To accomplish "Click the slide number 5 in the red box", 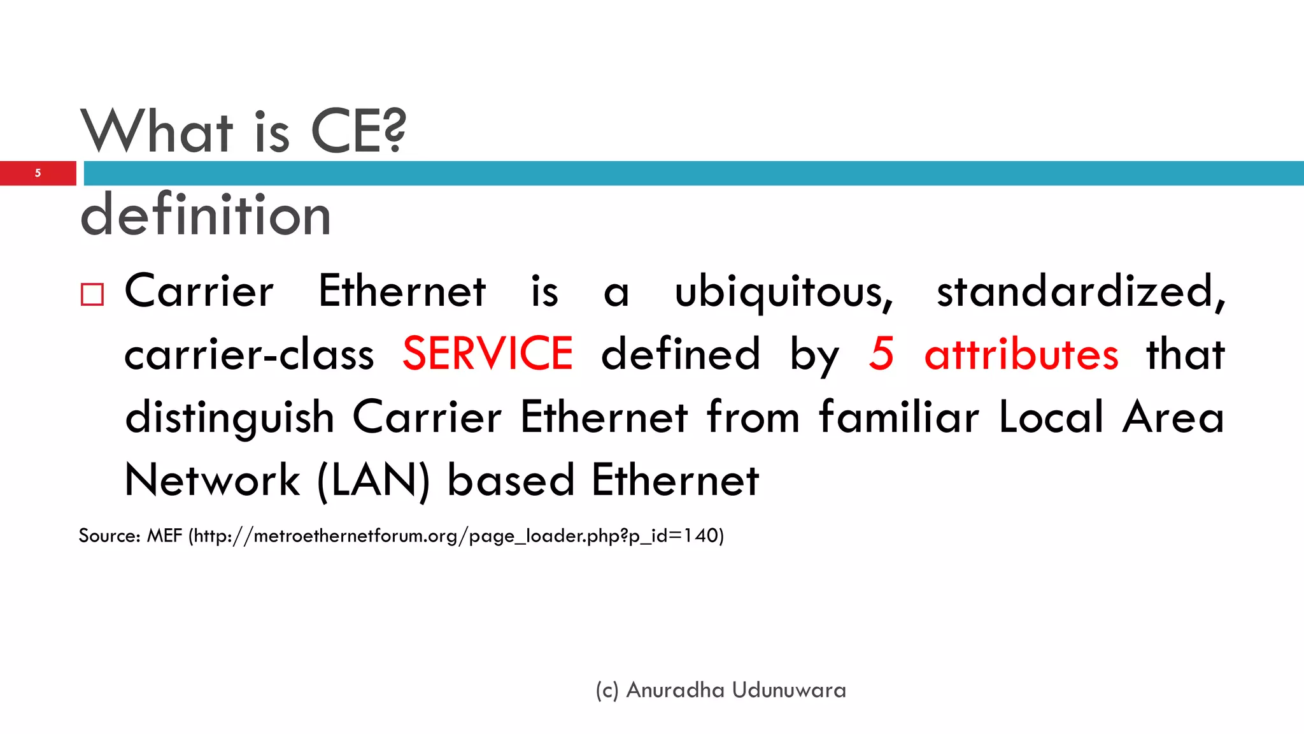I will (x=38, y=173).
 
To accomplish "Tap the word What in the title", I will (x=157, y=131).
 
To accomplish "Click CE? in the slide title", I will (x=358, y=131).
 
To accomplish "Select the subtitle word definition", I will (x=206, y=215).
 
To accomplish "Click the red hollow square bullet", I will (x=92, y=294).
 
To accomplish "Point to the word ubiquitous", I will (x=784, y=292).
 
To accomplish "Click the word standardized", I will (x=1080, y=292).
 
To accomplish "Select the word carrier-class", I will (x=249, y=355).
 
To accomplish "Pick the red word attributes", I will (x=1021, y=354).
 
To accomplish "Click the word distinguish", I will (x=230, y=419).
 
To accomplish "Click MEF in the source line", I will (x=164, y=535).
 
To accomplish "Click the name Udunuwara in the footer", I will (x=789, y=690).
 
